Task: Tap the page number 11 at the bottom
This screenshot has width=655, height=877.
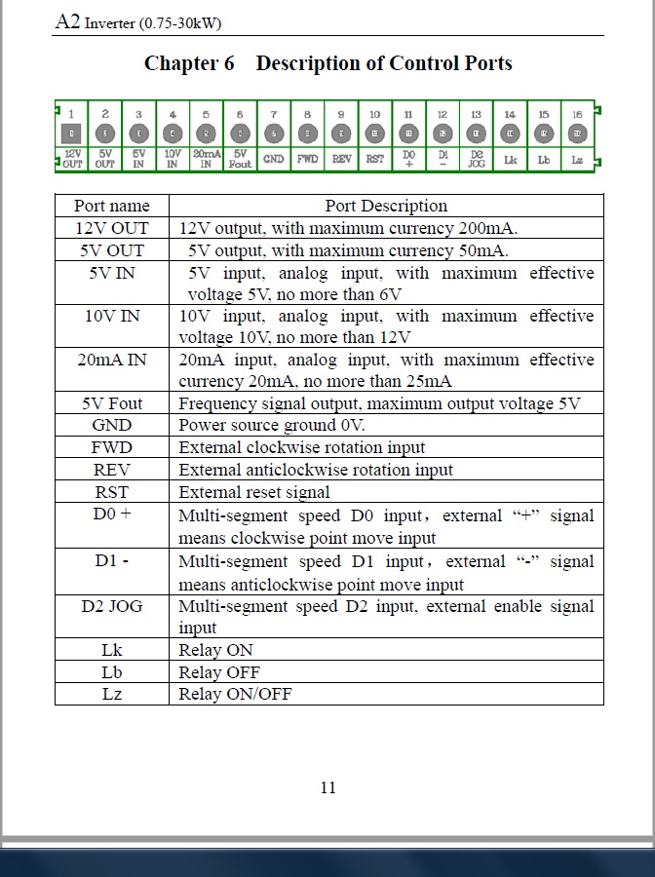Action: tap(327, 787)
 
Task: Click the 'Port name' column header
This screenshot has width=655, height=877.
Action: tap(112, 206)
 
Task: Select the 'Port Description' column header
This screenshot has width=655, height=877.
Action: tap(386, 206)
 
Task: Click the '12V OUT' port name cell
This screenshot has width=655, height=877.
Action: tap(112, 228)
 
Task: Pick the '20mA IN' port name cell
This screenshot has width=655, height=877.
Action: tap(112, 360)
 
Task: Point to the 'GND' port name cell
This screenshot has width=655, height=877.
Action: tap(112, 426)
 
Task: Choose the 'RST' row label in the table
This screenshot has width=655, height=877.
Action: tap(112, 492)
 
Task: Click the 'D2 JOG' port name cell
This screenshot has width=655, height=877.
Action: tap(112, 606)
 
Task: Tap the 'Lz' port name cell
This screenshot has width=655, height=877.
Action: tap(112, 694)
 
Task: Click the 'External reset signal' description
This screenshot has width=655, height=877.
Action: tap(254, 492)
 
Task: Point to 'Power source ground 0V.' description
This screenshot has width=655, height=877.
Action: tap(272, 426)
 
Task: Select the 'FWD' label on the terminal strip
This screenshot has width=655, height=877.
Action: tap(307, 159)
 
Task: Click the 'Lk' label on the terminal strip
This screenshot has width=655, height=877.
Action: tap(510, 159)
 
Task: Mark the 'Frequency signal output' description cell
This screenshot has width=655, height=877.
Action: tap(379, 403)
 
